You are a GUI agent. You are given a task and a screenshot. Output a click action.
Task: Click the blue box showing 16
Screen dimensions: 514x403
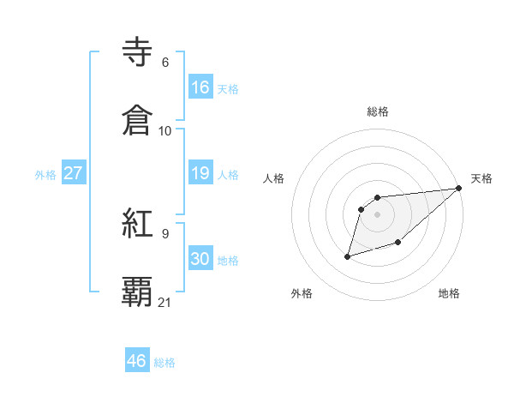200,87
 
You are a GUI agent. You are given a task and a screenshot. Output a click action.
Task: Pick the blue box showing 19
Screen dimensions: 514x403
200,173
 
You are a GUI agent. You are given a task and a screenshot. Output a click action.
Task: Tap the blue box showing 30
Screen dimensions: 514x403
200,259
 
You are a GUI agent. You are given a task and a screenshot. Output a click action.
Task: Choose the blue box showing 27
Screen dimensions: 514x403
73,173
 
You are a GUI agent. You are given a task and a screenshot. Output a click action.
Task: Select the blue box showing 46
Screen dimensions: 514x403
137,361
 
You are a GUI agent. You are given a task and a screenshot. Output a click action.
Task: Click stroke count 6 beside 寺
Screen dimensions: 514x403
164,63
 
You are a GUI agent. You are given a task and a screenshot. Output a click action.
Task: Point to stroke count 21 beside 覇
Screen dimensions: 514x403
165,303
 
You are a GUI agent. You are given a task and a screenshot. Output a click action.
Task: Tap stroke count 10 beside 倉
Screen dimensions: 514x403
165,131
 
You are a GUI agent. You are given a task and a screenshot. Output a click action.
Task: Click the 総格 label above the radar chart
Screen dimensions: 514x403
378,111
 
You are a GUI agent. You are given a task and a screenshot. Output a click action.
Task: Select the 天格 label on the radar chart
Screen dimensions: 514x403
481,178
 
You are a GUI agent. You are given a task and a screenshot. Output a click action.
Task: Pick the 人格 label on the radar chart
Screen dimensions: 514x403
274,178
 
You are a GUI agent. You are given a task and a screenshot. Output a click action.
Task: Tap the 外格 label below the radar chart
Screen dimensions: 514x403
302,293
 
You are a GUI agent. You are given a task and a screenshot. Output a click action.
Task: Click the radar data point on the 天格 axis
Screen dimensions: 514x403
459,189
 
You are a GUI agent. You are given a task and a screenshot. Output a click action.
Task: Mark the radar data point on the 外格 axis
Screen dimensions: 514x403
348,256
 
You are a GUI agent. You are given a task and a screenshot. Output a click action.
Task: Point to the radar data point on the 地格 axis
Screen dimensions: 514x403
397,243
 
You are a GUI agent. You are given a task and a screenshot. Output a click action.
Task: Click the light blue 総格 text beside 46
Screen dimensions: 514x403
164,363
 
